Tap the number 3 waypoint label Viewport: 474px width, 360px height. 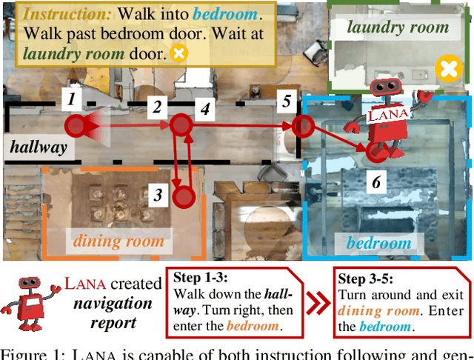(x=158, y=196)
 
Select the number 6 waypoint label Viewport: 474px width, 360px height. (x=375, y=181)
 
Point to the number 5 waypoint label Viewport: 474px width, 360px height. (x=286, y=100)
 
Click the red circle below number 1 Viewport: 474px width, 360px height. (x=74, y=127)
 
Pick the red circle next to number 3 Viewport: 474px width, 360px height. (x=184, y=197)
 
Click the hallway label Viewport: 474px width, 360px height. (x=39, y=147)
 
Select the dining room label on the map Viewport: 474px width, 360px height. (x=118, y=241)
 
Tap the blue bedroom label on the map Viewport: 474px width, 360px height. (x=378, y=243)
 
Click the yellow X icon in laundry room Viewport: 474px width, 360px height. (x=447, y=70)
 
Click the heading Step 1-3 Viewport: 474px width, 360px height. (x=201, y=278)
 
